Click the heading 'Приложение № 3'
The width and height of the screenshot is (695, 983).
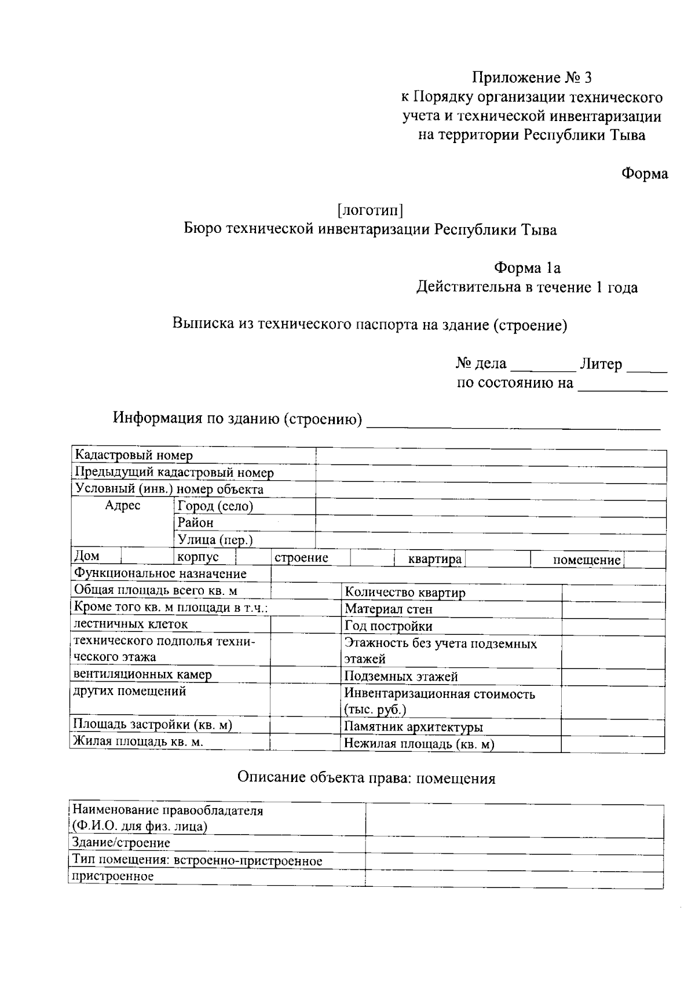532,78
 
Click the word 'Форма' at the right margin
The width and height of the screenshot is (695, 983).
645,174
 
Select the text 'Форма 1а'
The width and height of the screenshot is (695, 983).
527,268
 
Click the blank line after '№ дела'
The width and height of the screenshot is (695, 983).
543,366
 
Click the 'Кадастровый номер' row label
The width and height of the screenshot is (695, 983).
134,456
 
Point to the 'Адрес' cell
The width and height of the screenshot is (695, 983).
122,506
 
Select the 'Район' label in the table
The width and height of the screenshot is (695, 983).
196,523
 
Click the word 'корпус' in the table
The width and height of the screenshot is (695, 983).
198,557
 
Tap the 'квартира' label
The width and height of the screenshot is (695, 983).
434,560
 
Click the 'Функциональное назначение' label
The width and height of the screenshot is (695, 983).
160,574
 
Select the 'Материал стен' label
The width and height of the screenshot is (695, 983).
389,609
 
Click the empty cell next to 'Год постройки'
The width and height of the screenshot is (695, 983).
613,626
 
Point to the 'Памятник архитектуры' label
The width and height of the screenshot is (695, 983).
414,728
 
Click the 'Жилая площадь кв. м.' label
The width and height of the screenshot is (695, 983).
137,742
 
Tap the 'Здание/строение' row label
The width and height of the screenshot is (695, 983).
120,843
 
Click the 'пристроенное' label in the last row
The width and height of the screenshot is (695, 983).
112,876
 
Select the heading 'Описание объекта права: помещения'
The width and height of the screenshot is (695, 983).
367,779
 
